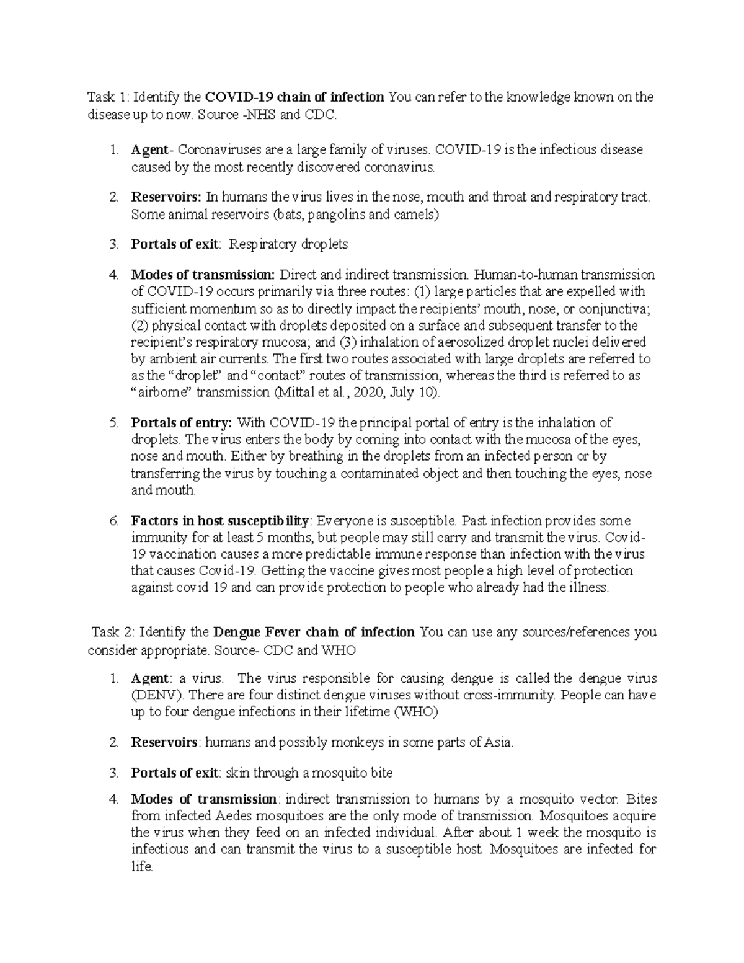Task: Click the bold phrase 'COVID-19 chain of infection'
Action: pyautogui.click(x=294, y=97)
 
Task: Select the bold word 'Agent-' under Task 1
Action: pyautogui.click(x=149, y=149)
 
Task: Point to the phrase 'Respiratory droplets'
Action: pyautogui.click(x=288, y=244)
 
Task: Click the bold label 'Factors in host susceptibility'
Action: pyautogui.click(x=219, y=520)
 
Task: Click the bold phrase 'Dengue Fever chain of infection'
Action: pyautogui.click(x=314, y=632)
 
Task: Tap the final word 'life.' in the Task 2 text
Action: pyautogui.click(x=142, y=866)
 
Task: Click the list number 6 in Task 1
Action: pyautogui.click(x=113, y=520)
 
